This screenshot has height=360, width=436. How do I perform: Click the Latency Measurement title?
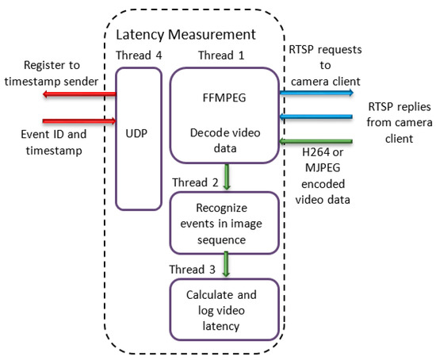(x=185, y=35)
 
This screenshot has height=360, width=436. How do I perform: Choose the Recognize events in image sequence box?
(x=224, y=223)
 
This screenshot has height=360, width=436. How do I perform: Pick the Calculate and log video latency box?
(x=224, y=308)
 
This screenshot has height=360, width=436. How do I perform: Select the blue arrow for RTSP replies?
(x=316, y=117)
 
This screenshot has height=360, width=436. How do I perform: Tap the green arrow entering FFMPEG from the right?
(x=316, y=142)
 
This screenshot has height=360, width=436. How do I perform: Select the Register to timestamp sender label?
(x=51, y=73)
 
